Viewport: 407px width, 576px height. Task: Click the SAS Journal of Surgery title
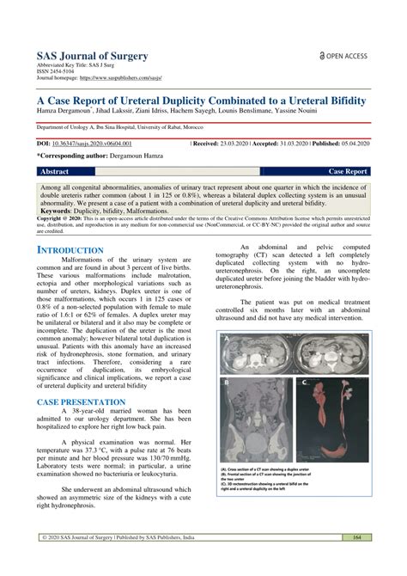click(x=91, y=56)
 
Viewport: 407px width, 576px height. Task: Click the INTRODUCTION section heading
click(x=74, y=250)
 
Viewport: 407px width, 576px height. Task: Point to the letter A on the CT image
click(x=226, y=340)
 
